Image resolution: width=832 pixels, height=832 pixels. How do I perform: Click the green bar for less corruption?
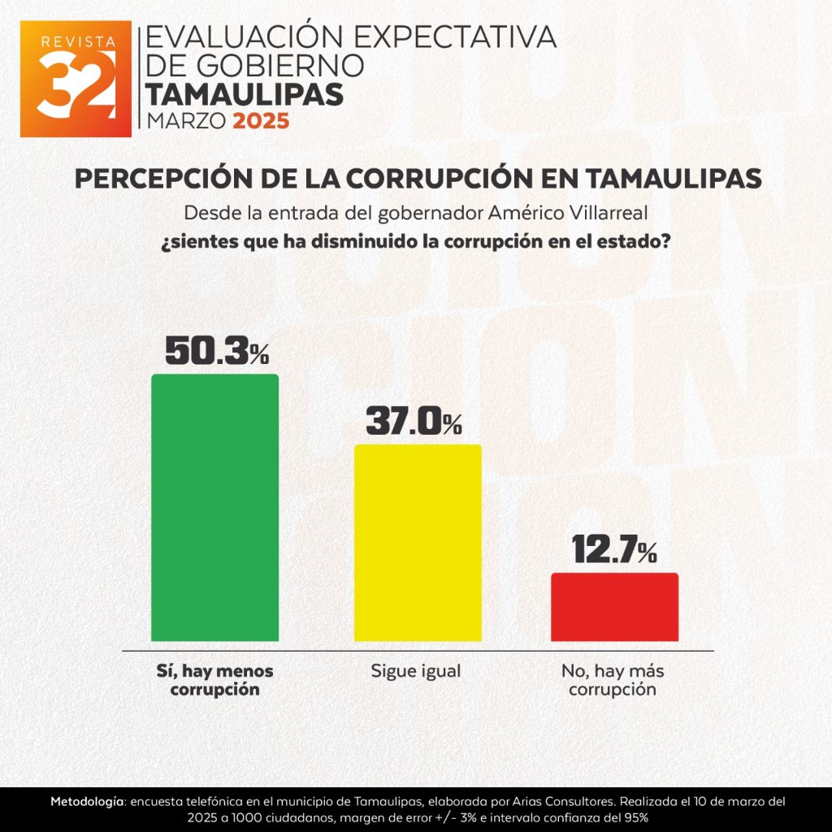(x=214, y=508)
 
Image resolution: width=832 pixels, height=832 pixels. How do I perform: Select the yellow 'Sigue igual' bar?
(x=418, y=543)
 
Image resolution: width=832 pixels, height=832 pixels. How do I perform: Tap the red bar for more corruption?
(x=614, y=607)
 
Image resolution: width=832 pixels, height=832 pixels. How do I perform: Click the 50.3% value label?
(x=216, y=350)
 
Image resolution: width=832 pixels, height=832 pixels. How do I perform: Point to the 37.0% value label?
(x=414, y=422)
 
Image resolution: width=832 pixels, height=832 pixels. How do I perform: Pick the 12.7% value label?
(x=614, y=550)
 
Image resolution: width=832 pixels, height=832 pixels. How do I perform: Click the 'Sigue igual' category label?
(x=416, y=672)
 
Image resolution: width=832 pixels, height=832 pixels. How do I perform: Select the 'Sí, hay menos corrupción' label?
(x=214, y=681)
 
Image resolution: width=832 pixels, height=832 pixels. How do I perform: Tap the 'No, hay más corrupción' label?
(x=611, y=681)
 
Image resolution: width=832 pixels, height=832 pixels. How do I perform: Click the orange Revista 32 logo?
(x=76, y=79)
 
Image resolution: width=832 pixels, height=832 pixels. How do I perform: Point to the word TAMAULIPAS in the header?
(x=245, y=94)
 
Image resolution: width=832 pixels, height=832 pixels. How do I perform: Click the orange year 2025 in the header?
(x=261, y=122)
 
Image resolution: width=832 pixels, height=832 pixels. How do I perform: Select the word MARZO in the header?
(x=185, y=122)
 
